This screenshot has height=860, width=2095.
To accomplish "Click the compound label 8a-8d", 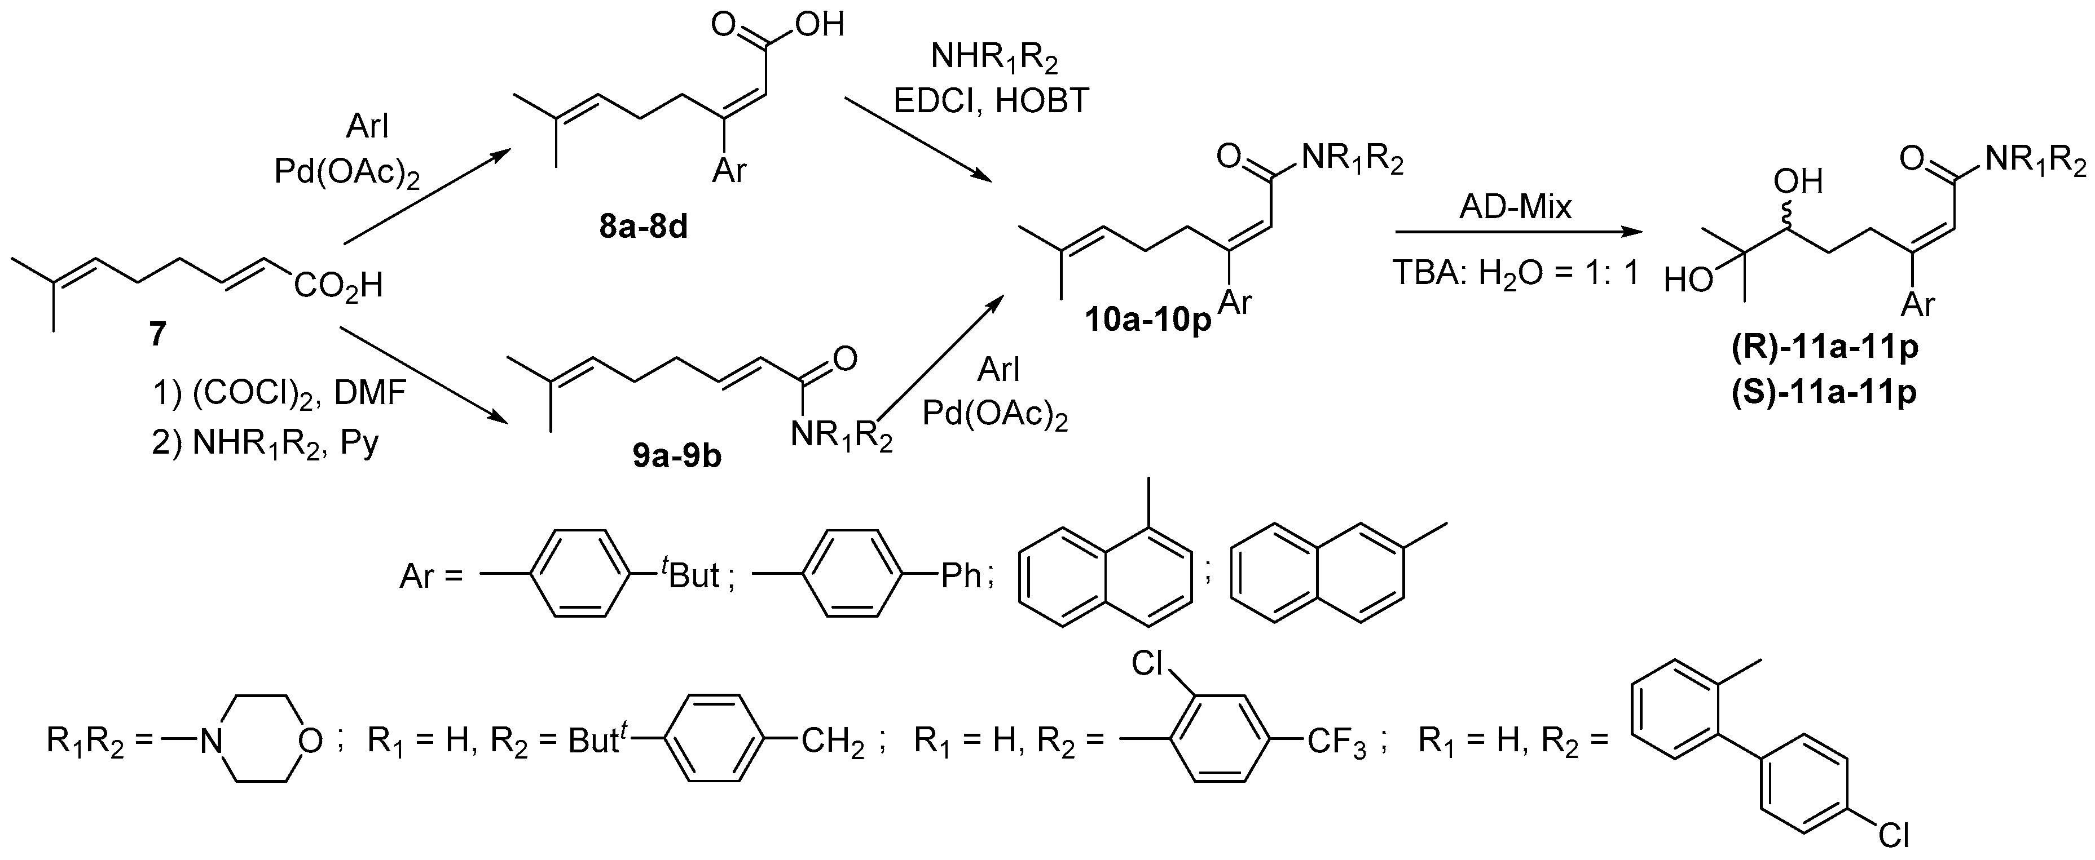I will (x=643, y=228).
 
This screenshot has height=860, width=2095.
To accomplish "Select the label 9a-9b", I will (x=677, y=458).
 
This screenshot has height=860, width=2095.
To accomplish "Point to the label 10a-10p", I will (x=1147, y=320).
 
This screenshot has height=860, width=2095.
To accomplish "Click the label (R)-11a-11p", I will (x=1824, y=347).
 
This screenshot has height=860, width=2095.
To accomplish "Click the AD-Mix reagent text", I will (x=1515, y=207).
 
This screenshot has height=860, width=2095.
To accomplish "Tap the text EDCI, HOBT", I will (x=991, y=101).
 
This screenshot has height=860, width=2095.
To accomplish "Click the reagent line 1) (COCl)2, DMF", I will (x=279, y=393).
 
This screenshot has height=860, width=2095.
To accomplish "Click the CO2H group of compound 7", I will (x=337, y=286).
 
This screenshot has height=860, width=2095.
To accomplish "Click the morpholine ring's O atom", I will (x=310, y=741).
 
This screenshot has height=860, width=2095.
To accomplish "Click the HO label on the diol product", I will (x=1688, y=281).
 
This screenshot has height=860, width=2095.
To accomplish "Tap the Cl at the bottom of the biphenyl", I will (x=1892, y=834).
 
